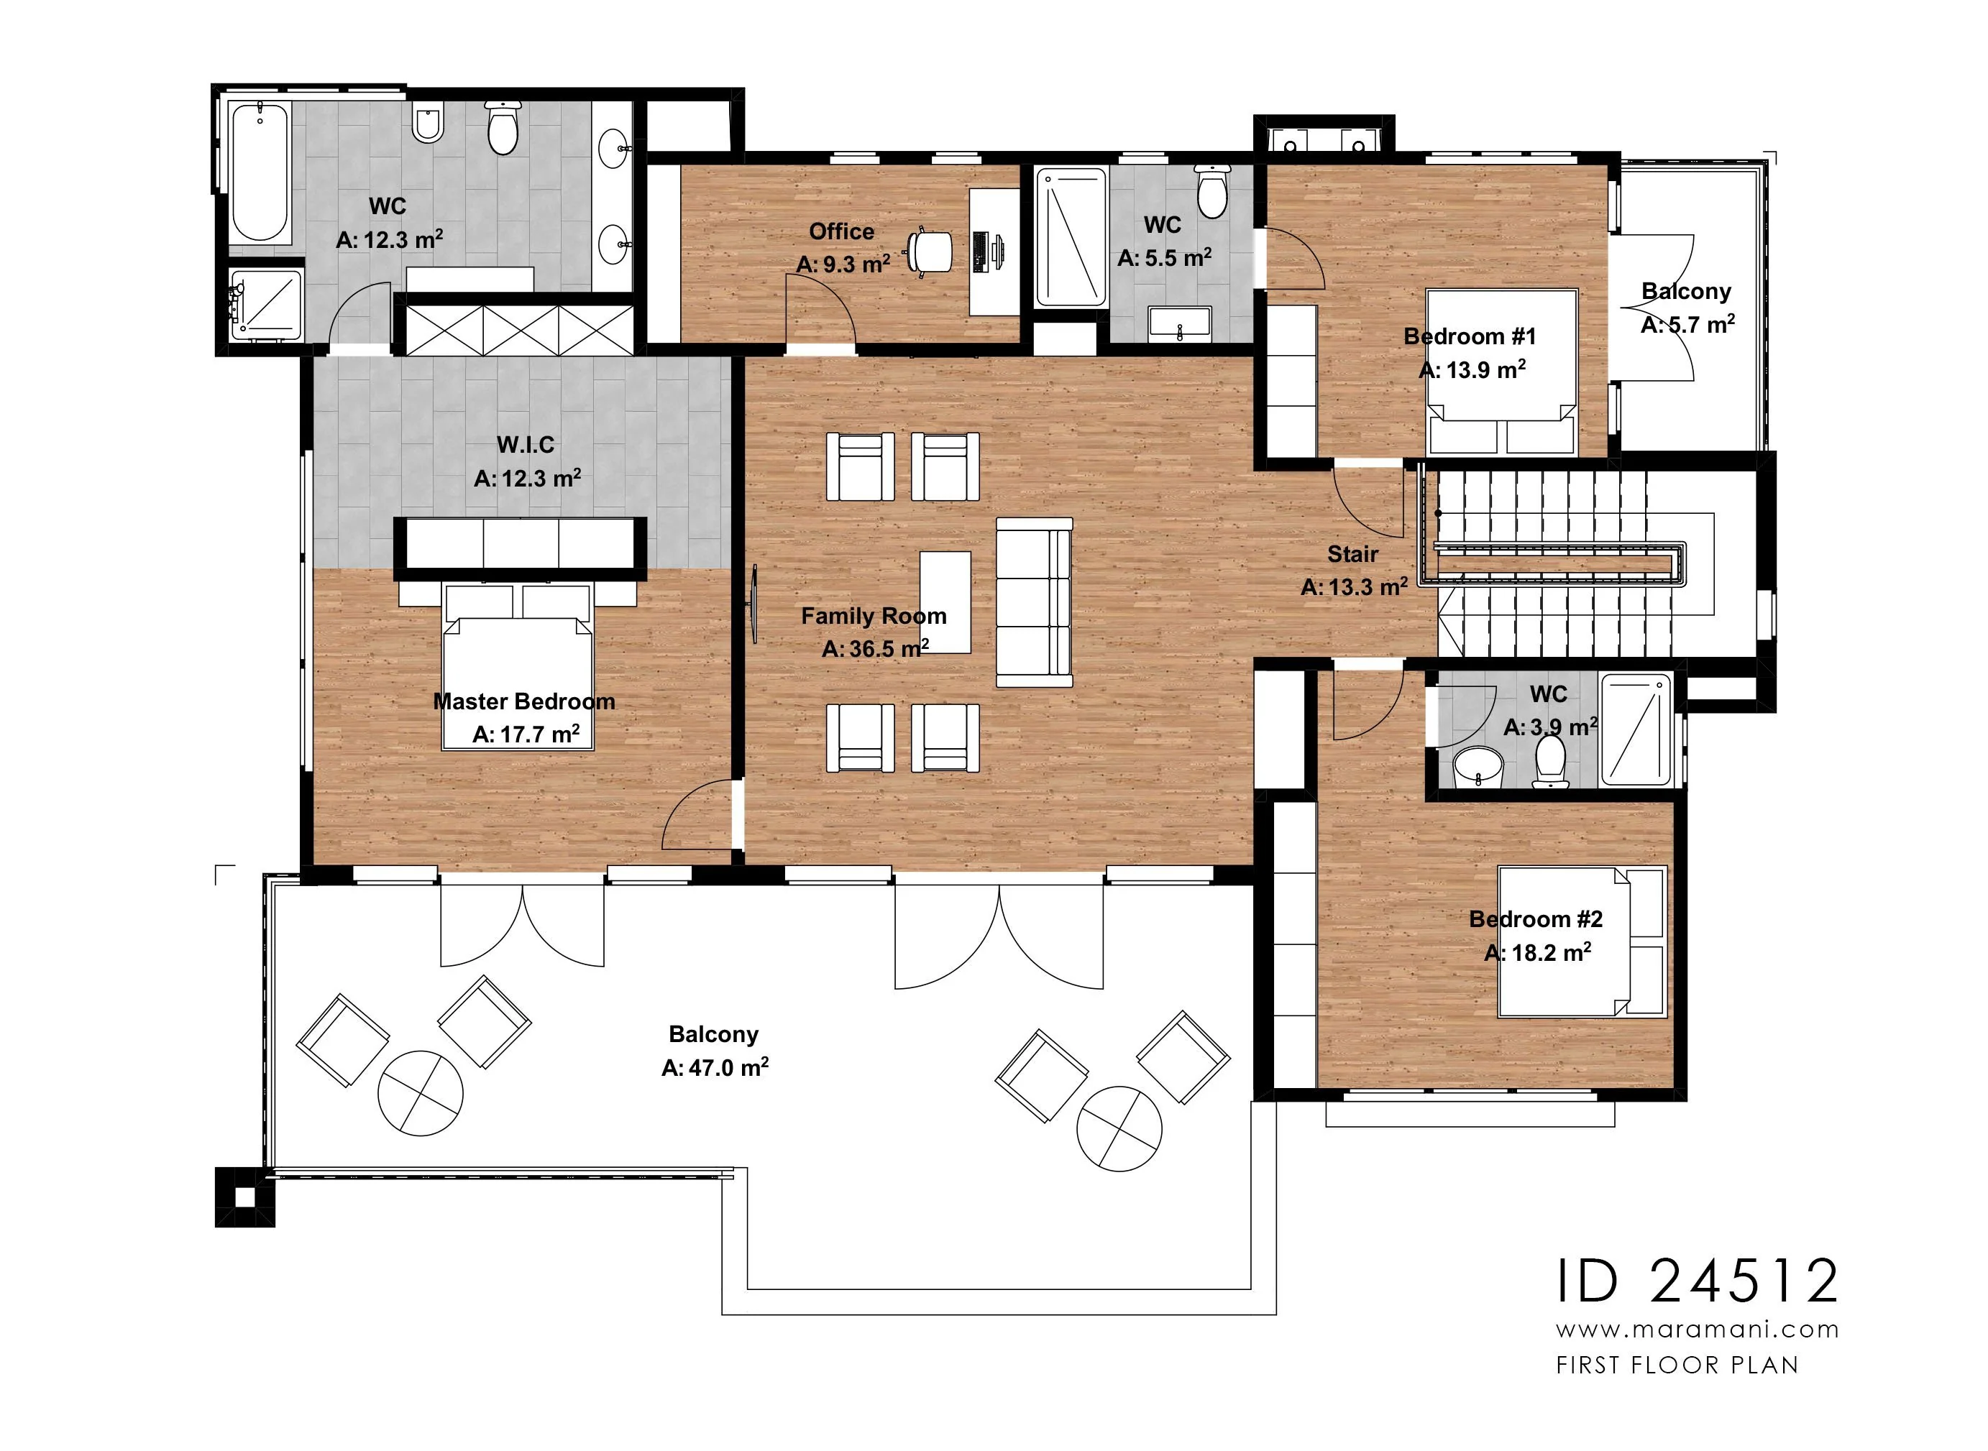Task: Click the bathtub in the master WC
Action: coord(260,172)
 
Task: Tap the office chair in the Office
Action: coord(930,252)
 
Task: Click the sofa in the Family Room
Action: coord(1034,602)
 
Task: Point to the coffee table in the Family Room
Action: coord(945,602)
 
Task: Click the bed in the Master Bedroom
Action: coord(518,668)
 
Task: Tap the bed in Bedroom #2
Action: coord(1581,941)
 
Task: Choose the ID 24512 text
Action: coord(1698,1281)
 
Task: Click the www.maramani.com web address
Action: coord(1698,1330)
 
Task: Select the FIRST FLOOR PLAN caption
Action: coord(1677,1365)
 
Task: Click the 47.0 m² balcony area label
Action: coord(715,1068)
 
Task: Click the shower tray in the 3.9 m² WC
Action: coord(1636,729)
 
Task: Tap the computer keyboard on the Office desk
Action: coord(981,252)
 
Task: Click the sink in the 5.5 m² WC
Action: coord(1179,323)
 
